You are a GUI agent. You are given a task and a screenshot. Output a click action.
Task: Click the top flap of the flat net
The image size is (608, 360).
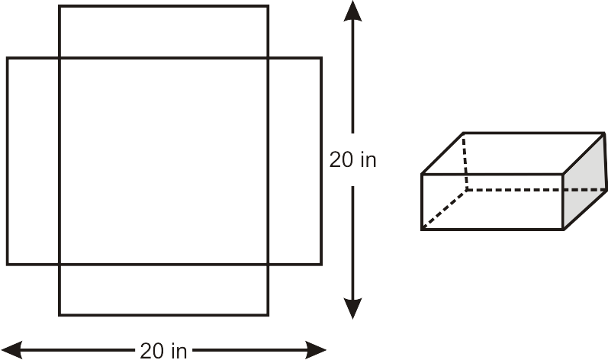coord(163,32)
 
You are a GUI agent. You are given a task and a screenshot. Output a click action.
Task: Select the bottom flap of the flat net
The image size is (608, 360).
coord(163,290)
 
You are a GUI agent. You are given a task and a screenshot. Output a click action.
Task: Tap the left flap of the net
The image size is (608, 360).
coord(33,161)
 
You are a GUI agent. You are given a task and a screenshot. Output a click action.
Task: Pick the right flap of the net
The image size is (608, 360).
coord(294,161)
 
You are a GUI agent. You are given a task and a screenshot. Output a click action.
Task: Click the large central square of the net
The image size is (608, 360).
coord(163,161)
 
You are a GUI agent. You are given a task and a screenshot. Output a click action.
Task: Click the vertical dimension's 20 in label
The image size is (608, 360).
coord(352,159)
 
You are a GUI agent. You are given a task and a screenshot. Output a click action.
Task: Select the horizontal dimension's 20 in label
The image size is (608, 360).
coord(163,351)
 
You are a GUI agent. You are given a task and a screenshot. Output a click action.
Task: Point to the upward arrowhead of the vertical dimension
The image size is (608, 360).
coord(352,11)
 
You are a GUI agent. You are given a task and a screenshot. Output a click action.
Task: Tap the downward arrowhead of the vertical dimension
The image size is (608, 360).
coord(352,308)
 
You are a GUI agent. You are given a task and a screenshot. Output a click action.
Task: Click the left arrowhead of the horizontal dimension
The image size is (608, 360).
coord(11,350)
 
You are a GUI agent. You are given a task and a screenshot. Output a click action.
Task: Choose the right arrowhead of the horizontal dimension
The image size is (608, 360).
coord(316,350)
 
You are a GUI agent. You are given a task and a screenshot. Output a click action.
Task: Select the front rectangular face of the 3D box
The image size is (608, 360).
coord(492,202)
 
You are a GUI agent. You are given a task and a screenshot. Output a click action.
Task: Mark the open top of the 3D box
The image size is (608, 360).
coord(513,153)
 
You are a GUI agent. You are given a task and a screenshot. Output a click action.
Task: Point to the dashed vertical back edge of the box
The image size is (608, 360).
coord(465,162)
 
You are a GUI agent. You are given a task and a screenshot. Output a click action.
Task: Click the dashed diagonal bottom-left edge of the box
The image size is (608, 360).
coord(445,209)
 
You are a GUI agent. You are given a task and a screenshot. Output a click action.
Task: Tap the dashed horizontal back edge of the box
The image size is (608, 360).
coord(536,190)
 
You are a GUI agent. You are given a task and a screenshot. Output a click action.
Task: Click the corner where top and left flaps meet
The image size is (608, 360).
coord(59,58)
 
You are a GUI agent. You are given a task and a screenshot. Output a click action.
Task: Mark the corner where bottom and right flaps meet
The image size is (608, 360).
coord(268,265)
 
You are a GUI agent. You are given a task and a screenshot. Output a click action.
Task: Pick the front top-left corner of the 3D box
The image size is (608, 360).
coord(422,175)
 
